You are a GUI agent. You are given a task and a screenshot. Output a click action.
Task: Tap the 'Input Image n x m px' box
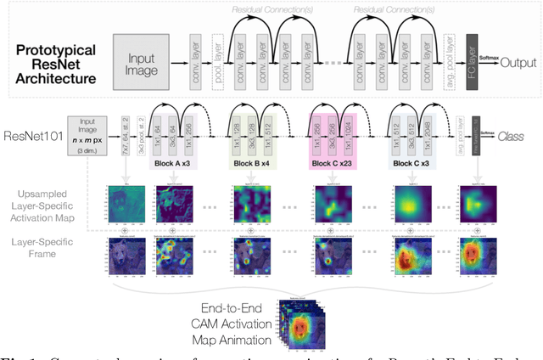[x=91, y=137]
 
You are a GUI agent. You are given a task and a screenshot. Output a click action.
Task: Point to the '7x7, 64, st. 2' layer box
[x=125, y=136]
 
